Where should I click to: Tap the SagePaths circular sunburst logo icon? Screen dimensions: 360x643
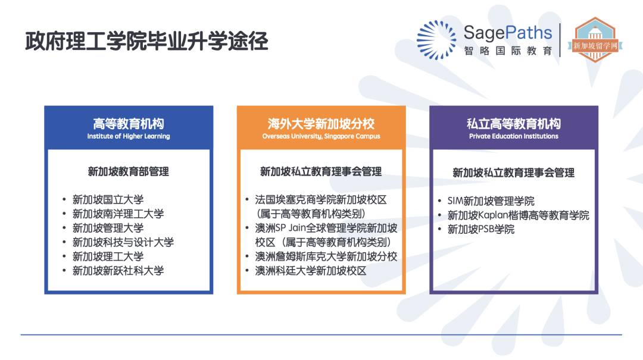point(436,40)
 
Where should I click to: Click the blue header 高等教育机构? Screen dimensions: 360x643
point(128,124)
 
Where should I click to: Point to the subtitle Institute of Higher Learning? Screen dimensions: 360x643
point(128,136)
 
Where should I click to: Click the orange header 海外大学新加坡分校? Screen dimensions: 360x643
point(321,124)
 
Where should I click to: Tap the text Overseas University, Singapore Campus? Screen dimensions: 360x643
point(321,136)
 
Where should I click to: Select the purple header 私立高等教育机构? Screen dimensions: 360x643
point(513,124)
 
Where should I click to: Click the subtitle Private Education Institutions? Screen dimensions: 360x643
point(513,136)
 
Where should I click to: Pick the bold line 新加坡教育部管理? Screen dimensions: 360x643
point(128,171)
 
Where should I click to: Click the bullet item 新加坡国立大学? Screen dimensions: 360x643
point(108,199)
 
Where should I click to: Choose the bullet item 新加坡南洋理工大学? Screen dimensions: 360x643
point(118,214)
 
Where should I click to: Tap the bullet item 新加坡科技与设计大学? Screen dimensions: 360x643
point(123,242)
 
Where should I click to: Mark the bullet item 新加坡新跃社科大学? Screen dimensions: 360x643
point(118,271)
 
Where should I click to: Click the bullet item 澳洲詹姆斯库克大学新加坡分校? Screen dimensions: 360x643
point(326,256)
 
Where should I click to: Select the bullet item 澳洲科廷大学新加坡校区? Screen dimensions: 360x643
point(311,271)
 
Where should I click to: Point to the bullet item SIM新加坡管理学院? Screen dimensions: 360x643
point(491,201)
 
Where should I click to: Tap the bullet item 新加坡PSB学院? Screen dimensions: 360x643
point(480,229)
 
